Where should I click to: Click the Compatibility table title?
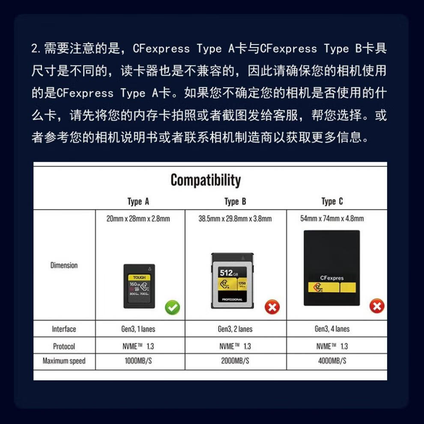pyautogui.click(x=206, y=180)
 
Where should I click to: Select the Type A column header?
pyautogui.click(x=138, y=201)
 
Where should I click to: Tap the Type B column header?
pyautogui.click(x=235, y=201)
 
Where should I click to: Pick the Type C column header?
pyautogui.click(x=332, y=201)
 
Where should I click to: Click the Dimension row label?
pyautogui.click(x=64, y=265)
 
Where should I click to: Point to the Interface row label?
pyautogui.click(x=64, y=329)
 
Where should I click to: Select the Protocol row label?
pyautogui.click(x=64, y=346)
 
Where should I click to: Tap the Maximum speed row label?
pyautogui.click(x=64, y=361)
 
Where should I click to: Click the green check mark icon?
pyautogui.click(x=173, y=308)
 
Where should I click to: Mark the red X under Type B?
pyautogui.click(x=272, y=307)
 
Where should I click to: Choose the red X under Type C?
pyautogui.click(x=377, y=306)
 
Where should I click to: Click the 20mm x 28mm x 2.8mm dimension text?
pyautogui.click(x=138, y=218)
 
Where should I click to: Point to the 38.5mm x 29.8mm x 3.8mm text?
pyautogui.click(x=235, y=218)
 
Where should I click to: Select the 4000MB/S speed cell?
pyautogui.click(x=332, y=361)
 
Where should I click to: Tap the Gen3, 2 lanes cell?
pyautogui.click(x=235, y=329)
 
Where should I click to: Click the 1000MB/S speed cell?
pyautogui.click(x=138, y=361)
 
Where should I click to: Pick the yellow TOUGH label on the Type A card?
pyautogui.click(x=139, y=278)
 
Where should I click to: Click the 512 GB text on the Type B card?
pyautogui.click(x=229, y=273)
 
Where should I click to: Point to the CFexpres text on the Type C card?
pyautogui.click(x=332, y=278)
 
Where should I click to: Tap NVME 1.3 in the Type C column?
pyautogui.click(x=332, y=346)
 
